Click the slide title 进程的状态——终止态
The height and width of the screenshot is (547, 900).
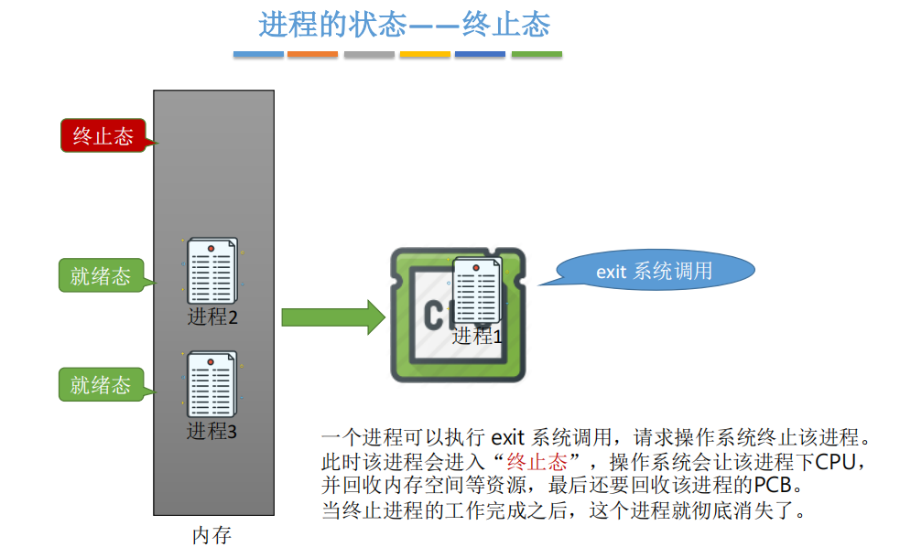click(404, 25)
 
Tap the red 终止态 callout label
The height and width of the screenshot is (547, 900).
click(103, 136)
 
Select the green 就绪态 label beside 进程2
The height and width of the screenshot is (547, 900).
click(101, 275)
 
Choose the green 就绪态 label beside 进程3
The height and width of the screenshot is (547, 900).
click(101, 384)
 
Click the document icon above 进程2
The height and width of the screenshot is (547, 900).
click(211, 271)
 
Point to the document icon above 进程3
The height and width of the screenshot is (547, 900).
click(211, 384)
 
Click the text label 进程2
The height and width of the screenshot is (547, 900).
click(212, 317)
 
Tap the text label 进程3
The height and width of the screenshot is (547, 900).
click(212, 431)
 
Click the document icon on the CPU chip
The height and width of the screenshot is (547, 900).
click(477, 290)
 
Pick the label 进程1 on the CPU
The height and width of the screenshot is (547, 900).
click(477, 336)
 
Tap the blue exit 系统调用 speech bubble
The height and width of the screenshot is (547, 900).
click(654, 271)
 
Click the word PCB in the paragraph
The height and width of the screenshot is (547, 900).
click(777, 484)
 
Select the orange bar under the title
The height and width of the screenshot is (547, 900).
click(312, 55)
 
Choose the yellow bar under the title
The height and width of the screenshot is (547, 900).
click(425, 55)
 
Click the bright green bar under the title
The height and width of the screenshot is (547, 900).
click(537, 55)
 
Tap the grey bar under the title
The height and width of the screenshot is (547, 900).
click(369, 55)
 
